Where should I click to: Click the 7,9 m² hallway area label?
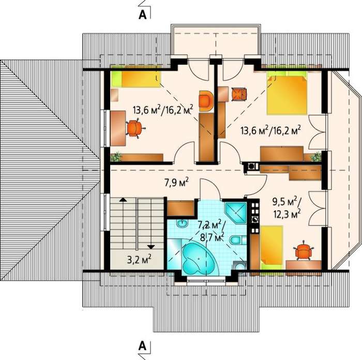pyautogui.click(x=177, y=183)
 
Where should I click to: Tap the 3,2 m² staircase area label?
pyautogui.click(x=139, y=260)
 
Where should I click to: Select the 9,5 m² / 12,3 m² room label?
pyautogui.click(x=287, y=208)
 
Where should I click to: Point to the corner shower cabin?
pyautogui.click(x=236, y=213)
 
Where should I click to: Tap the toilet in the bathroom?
pyautogui.click(x=237, y=240)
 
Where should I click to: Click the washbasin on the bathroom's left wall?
pyautogui.click(x=183, y=223)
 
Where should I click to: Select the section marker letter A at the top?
pyautogui.click(x=143, y=14)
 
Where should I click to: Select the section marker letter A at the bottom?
pyautogui.click(x=143, y=346)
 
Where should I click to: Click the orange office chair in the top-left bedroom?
pyautogui.click(x=134, y=128)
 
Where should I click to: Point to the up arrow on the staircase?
pyautogui.click(x=123, y=200)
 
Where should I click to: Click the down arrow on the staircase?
pyautogui.click(x=151, y=247)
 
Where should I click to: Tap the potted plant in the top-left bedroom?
pyautogui.click(x=116, y=157)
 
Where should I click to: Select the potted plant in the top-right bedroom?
pyautogui.click(x=316, y=157)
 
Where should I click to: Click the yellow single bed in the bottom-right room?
pyautogui.click(x=271, y=248)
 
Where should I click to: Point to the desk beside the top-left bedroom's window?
pyautogui.click(x=118, y=128)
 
